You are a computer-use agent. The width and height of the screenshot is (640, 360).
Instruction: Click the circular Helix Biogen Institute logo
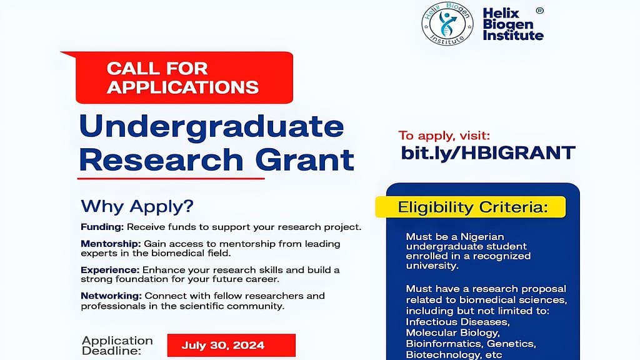point(447,23)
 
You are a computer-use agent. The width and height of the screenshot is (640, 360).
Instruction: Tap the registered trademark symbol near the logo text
point(540,11)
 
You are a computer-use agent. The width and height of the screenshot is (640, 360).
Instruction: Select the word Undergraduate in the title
point(212,127)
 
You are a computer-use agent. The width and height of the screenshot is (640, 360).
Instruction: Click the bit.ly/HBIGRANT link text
point(487,152)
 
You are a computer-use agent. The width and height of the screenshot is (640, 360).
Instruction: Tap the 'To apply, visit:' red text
point(445,134)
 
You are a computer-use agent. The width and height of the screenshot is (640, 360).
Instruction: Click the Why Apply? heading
point(137,206)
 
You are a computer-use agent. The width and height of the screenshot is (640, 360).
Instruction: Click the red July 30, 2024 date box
point(231,345)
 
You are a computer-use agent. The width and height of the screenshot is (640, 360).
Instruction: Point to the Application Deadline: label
point(117,345)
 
